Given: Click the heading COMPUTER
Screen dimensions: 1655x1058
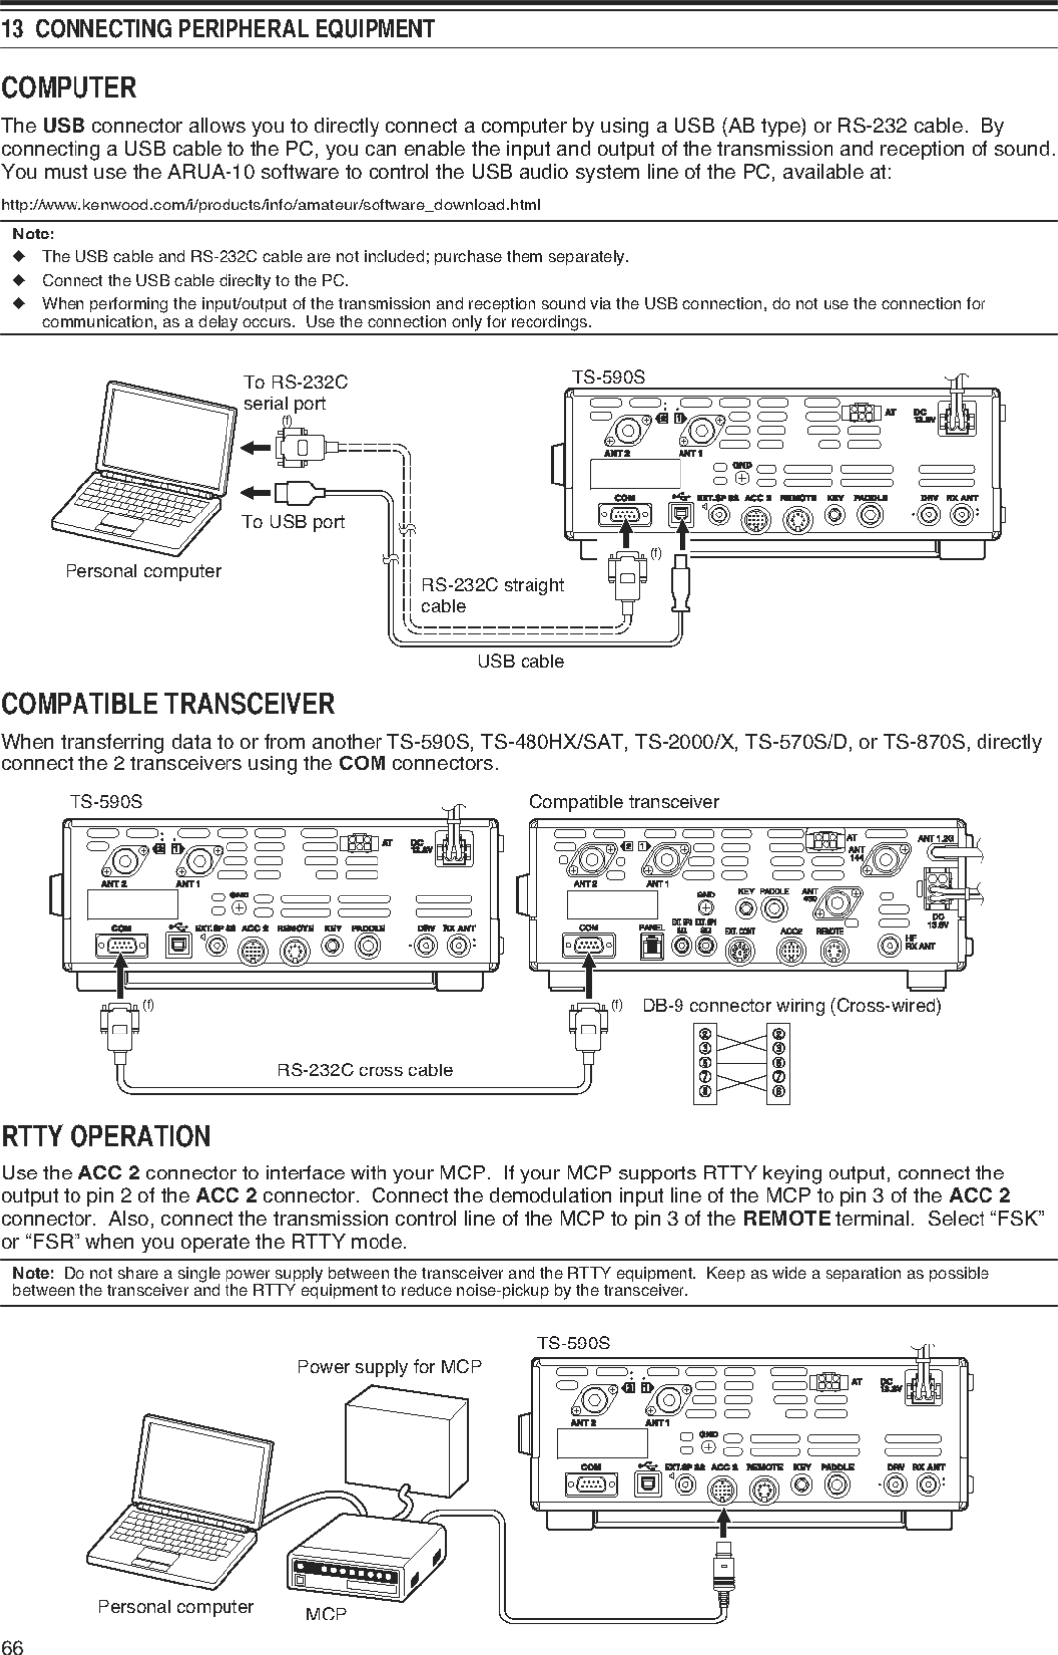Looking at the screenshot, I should pyautogui.click(x=69, y=88).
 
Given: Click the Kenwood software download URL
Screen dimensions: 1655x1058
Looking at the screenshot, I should pyautogui.click(x=270, y=205).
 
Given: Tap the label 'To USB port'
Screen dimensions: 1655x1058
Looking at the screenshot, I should pyautogui.click(x=293, y=522).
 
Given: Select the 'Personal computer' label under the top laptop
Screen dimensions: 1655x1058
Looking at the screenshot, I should pyautogui.click(x=143, y=571).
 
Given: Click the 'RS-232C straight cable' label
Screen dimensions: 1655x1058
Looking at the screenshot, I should pyautogui.click(x=492, y=595).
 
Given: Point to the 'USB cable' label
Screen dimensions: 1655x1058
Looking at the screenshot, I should pyautogui.click(x=520, y=661).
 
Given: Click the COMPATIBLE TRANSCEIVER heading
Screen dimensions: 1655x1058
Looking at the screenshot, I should pyautogui.click(x=168, y=704).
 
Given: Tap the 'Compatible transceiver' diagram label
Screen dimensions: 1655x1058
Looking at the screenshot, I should pyautogui.click(x=624, y=801).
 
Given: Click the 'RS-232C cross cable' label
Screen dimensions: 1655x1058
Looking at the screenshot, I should pyautogui.click(x=365, y=1070).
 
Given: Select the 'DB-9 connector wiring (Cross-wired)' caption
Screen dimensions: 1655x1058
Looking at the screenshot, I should pyautogui.click(x=791, y=1005).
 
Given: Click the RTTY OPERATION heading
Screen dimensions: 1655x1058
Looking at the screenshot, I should pyautogui.click(x=105, y=1136).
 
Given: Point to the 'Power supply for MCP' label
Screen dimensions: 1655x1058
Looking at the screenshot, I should pyautogui.click(x=388, y=1367).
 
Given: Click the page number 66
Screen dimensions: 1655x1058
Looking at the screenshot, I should pyautogui.click(x=12, y=1646).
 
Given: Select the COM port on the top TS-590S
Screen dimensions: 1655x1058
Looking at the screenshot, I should pyautogui.click(x=624, y=514).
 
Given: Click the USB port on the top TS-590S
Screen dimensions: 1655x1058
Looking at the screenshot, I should pyautogui.click(x=681, y=513).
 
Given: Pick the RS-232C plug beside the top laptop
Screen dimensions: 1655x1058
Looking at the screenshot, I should pyautogui.click(x=298, y=448).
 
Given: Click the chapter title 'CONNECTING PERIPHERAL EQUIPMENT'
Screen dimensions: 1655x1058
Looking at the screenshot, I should pyautogui.click(x=234, y=29).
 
